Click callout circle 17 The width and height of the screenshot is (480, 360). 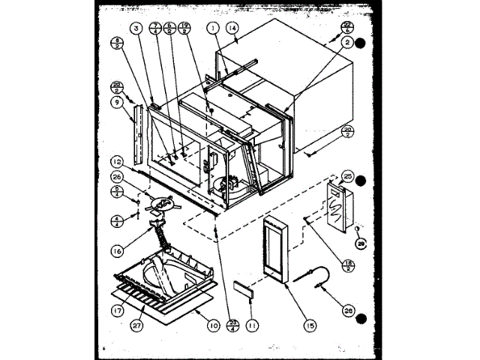point(116,307)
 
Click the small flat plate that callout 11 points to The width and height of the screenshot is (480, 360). point(241,288)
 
